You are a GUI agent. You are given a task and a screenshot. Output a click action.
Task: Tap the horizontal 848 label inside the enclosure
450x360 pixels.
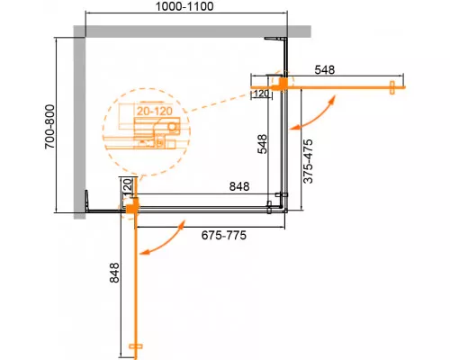238,187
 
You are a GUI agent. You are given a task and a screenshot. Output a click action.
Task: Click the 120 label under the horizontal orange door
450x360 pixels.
261,94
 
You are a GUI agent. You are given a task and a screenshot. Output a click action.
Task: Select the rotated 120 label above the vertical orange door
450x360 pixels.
127,188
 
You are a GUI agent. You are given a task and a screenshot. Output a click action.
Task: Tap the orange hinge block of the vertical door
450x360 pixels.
131,210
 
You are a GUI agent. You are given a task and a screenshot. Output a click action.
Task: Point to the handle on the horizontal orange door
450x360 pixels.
393,87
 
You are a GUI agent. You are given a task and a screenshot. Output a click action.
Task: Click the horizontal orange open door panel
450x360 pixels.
342,88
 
